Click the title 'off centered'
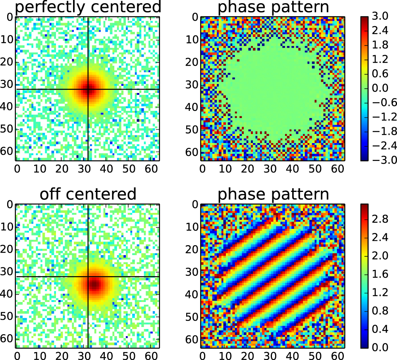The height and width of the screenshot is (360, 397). [x=87, y=194]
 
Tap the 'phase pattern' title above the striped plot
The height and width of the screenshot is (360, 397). [x=273, y=194]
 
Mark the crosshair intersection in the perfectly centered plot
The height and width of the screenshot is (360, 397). [x=88, y=89]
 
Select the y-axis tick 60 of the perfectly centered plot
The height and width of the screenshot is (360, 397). [x=8, y=152]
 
